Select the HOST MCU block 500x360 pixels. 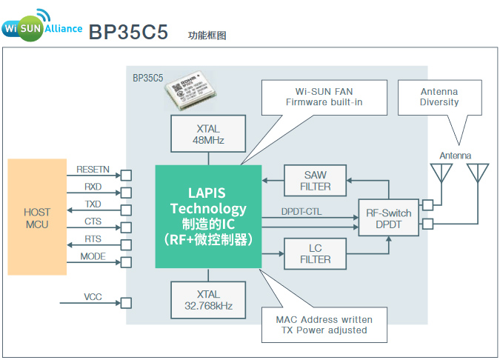point(37,219)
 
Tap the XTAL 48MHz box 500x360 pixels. point(208,134)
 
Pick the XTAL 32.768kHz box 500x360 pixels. point(208,300)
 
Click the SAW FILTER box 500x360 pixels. point(315,181)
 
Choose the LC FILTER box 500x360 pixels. point(315,254)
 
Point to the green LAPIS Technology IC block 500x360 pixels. point(208,216)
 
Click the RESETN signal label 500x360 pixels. point(93,170)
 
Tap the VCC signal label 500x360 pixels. point(93,297)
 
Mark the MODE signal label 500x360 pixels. point(93,256)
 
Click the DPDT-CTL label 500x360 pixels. point(301,211)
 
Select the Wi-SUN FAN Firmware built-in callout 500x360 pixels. point(324,96)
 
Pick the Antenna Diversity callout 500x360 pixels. point(439,96)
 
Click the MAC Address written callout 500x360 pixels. point(324,324)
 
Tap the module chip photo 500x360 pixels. point(192,91)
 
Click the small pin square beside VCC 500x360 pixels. point(126,303)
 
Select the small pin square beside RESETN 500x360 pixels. point(126,176)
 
